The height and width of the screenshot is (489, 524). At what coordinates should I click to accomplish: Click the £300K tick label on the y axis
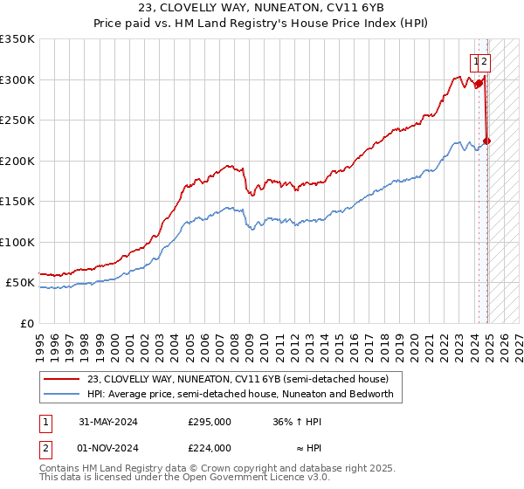coord(17,79)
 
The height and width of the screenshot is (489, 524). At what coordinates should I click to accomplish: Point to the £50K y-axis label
coord(20,283)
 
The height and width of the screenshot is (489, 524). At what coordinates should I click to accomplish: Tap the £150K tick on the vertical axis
coord(17,202)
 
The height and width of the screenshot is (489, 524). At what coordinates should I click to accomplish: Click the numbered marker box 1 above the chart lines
coord(476,61)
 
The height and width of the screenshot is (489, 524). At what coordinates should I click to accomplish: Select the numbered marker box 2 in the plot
coord(485,61)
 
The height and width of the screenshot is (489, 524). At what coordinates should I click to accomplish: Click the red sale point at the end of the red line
coord(487,141)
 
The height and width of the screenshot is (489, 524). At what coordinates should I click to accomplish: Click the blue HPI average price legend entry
coord(240,394)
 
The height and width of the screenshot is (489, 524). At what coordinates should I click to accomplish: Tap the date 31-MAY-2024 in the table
coord(108,422)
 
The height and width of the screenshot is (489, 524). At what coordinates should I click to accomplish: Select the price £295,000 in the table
coord(210,422)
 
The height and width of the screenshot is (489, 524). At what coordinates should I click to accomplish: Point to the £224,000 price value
coord(210,448)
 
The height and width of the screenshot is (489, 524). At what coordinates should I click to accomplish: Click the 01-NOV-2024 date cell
coord(108,448)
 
